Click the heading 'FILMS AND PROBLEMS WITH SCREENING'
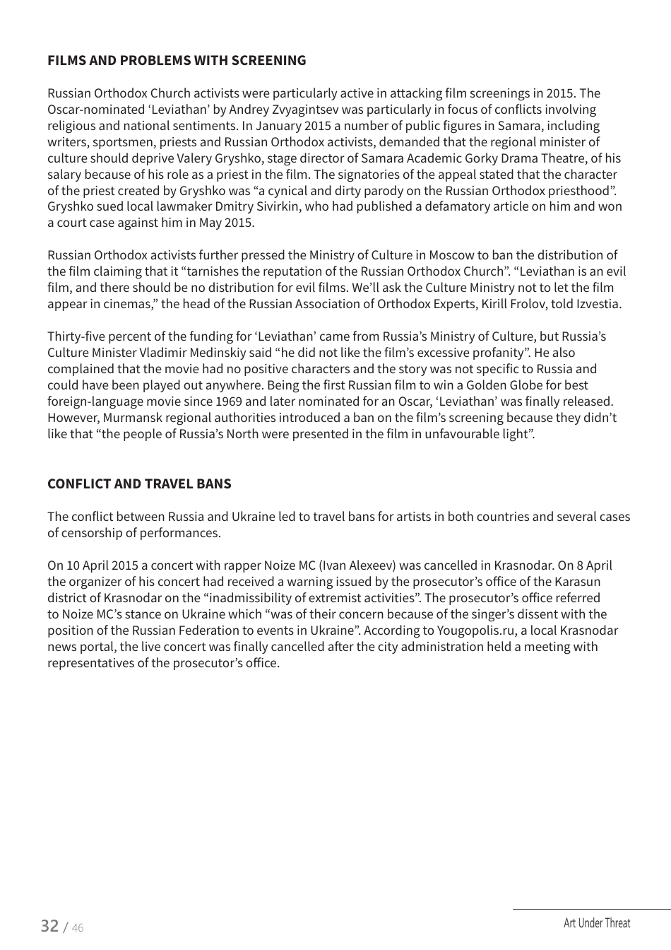(177, 61)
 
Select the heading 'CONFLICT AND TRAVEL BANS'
(139, 484)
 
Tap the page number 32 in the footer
(49, 926)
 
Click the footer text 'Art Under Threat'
(597, 923)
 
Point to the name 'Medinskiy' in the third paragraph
(220, 353)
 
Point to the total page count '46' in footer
(77, 928)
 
